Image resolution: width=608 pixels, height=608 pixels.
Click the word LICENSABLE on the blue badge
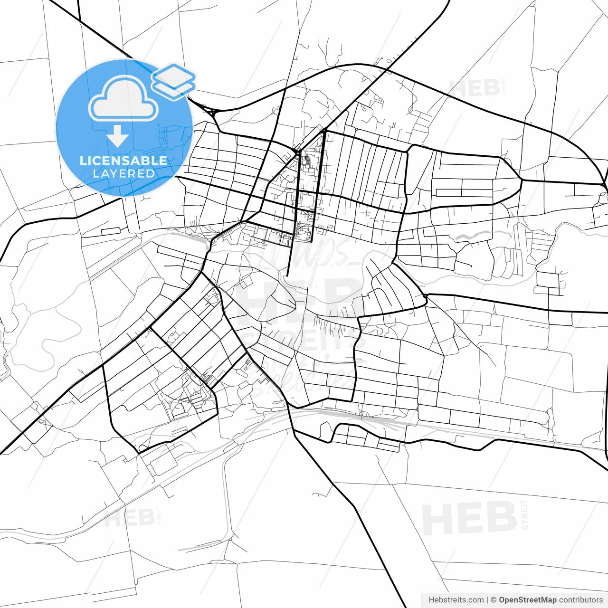[x=123, y=161]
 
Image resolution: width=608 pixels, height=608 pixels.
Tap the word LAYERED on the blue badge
[x=123, y=173]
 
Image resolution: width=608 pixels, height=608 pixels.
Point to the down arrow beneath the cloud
[x=117, y=137]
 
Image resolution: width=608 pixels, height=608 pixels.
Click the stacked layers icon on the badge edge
[x=174, y=81]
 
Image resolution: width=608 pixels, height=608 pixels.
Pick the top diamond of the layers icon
[x=174, y=75]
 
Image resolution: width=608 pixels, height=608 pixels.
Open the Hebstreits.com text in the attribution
[x=456, y=600]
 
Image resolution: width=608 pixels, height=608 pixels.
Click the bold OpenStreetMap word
[x=528, y=600]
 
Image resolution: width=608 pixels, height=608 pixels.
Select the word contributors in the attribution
[x=581, y=600]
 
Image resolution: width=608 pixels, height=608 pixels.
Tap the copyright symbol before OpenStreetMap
[x=494, y=600]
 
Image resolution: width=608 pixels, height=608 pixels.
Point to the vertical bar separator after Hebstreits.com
[x=487, y=600]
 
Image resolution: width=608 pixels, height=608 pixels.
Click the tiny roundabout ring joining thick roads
[x=426, y=296]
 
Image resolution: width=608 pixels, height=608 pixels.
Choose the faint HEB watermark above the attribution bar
[x=469, y=518]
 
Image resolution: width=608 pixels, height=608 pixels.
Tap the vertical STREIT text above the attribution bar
[x=524, y=514]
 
